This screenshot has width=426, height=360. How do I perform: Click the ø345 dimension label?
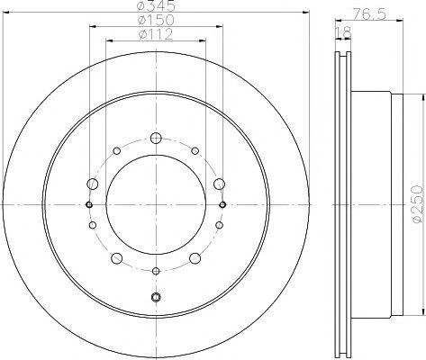coord(156,5)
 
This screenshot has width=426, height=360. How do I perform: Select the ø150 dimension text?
coord(156,20)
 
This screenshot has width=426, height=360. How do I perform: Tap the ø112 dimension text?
coord(156,34)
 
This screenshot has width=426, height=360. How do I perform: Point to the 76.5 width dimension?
coord(369,14)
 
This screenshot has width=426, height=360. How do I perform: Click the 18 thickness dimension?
coord(342,32)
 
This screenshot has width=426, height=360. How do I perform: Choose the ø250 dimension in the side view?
coord(418,204)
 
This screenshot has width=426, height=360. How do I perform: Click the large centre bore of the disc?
coord(156,205)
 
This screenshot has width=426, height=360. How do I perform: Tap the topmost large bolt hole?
coord(156,139)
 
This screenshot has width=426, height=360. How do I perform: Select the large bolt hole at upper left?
coord(93,184)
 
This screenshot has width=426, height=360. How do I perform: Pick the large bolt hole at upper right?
coord(220,184)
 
